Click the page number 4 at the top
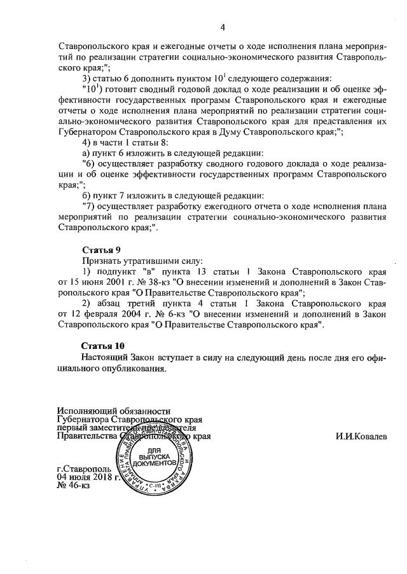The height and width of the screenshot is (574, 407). pos(222,26)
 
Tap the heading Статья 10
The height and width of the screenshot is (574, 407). pos(103,346)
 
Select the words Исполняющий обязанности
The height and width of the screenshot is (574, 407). pos(114,411)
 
